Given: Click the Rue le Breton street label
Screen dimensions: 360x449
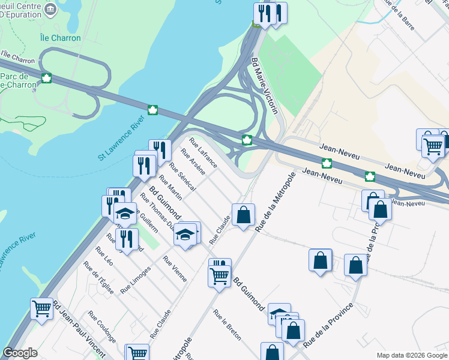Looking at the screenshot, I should click(x=227, y=325).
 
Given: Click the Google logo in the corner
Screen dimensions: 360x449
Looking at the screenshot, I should click(x=20, y=353).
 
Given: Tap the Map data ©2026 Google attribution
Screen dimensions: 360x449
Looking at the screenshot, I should click(x=411, y=355).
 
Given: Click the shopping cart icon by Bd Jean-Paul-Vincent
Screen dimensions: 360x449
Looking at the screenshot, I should click(x=41, y=309).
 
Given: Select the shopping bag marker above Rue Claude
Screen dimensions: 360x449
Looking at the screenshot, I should click(x=243, y=215).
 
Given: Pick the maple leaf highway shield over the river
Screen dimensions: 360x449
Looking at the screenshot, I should click(x=152, y=110).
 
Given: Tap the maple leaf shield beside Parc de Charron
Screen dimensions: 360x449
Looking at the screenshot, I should click(x=46, y=78).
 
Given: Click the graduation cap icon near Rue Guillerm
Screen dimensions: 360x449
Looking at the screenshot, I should click(x=125, y=214).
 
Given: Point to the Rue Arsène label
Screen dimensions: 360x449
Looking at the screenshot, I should click(x=197, y=164).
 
